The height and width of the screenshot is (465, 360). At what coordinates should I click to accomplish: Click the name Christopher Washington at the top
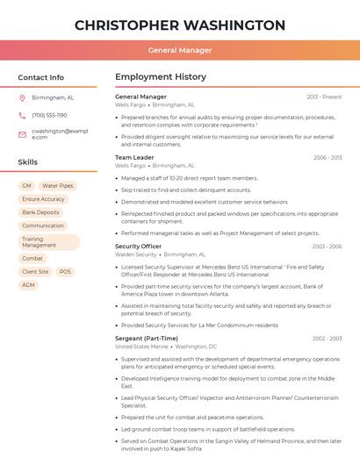(179, 25)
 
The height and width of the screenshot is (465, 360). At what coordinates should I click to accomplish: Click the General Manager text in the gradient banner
(179, 50)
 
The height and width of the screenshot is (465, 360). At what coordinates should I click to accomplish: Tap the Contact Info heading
(41, 77)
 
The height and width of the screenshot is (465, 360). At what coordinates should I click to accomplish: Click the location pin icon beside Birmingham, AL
(23, 98)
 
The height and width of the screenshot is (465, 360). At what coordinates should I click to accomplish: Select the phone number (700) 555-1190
(50, 115)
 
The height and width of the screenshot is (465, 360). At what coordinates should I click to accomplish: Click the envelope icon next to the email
(23, 133)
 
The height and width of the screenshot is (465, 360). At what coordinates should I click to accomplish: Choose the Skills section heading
(28, 162)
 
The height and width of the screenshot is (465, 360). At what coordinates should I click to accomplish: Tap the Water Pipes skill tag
(58, 186)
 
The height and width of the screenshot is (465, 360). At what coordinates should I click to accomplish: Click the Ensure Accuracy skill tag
(43, 199)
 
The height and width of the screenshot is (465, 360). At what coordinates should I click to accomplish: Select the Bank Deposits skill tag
(41, 212)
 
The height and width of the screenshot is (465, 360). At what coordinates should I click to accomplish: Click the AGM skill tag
(29, 285)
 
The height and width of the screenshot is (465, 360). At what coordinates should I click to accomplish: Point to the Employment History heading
(161, 77)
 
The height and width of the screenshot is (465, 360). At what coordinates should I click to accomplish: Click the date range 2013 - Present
(324, 97)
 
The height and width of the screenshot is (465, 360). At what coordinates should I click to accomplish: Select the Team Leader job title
(134, 158)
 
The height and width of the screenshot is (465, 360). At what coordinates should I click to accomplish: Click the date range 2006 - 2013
(328, 158)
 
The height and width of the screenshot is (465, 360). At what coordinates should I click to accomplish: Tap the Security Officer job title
(139, 247)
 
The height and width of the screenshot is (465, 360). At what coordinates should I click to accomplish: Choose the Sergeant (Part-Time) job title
(147, 338)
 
